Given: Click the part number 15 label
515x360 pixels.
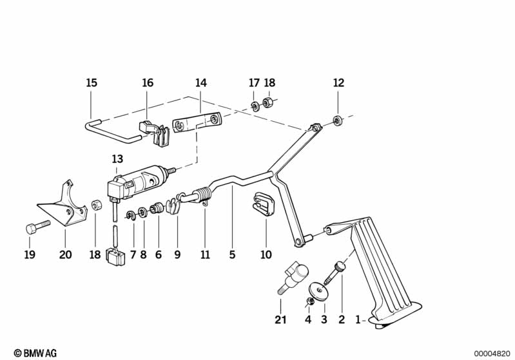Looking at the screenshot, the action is (x=92, y=82).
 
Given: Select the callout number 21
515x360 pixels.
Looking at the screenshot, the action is (x=280, y=319).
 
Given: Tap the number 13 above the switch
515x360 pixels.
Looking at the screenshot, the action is (x=117, y=159).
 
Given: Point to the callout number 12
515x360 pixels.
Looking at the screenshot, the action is (x=338, y=82).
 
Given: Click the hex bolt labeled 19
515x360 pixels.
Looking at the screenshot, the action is (x=38, y=227).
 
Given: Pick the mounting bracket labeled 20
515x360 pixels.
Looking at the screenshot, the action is (x=63, y=205).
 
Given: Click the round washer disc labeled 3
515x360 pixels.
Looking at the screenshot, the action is (x=319, y=290).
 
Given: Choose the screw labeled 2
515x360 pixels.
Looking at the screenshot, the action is (x=335, y=273).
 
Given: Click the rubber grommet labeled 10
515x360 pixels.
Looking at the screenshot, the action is (x=264, y=204).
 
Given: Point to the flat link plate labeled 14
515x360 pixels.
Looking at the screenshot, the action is (x=198, y=122).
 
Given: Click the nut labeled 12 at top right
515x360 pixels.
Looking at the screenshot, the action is (x=337, y=120).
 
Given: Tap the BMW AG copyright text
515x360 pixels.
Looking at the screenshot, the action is (x=35, y=353).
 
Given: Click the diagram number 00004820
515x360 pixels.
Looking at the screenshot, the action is (x=492, y=354).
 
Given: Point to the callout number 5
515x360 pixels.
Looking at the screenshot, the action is (x=232, y=254).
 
